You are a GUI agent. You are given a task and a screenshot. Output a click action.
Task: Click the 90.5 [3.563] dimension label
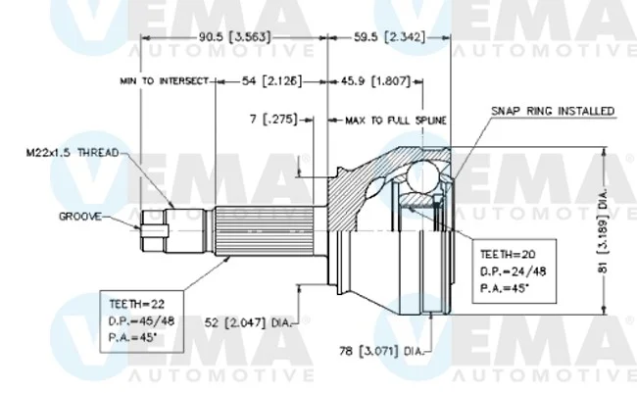234,37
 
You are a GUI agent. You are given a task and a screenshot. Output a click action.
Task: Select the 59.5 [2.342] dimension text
389,37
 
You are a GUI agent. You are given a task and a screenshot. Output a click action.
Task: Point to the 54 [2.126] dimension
272,81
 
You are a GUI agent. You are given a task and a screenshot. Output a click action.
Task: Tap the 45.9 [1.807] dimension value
375,81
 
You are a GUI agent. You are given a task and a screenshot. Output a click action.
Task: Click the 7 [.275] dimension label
273,120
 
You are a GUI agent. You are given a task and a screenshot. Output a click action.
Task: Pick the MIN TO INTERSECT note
164,81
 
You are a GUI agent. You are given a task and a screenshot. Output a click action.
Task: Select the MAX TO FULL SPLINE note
396,121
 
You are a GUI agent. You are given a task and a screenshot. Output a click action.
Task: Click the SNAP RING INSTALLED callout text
553,111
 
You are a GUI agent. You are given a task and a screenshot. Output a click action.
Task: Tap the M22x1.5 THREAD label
73,153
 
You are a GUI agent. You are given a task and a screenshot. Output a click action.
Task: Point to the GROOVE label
80,217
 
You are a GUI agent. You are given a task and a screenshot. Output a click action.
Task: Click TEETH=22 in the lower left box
136,304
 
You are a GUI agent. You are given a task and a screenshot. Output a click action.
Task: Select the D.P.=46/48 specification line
141,321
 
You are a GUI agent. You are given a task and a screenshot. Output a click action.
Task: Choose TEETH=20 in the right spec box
508,255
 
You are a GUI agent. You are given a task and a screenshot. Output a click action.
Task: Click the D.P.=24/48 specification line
514,271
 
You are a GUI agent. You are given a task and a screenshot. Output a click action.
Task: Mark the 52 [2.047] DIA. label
248,323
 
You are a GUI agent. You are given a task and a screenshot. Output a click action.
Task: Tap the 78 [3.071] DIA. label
381,351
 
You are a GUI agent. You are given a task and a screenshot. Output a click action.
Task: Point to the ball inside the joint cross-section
423,176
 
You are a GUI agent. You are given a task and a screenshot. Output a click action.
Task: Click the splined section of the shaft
264,231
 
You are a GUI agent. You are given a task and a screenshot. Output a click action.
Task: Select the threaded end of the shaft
184,230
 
